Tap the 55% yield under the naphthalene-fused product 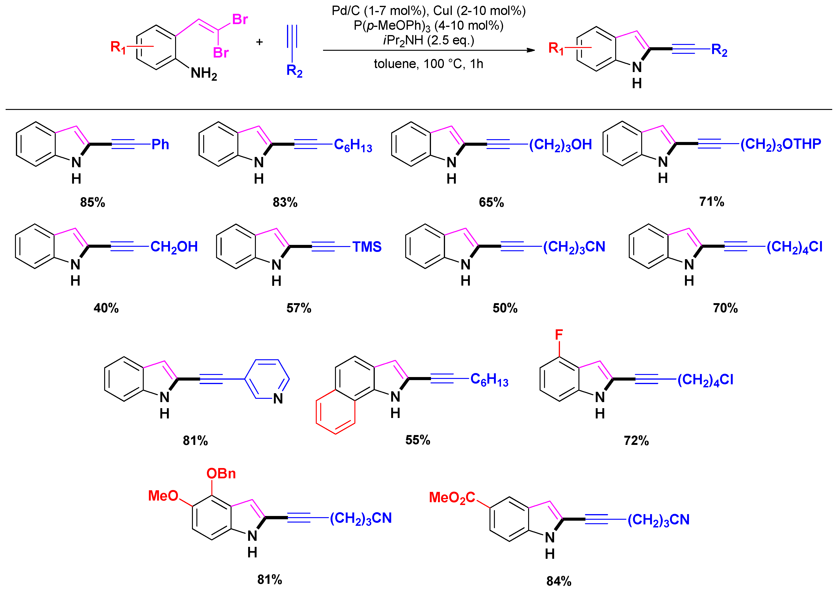[418, 440]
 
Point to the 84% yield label [559, 581]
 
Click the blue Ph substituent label [160, 145]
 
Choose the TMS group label [367, 247]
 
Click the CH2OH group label [174, 247]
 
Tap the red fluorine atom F [559, 334]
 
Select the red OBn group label [221, 474]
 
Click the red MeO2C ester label [452, 498]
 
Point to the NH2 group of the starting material [203, 74]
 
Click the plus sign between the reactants [259, 42]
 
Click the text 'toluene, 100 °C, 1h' [428, 64]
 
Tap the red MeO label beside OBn [163, 496]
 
